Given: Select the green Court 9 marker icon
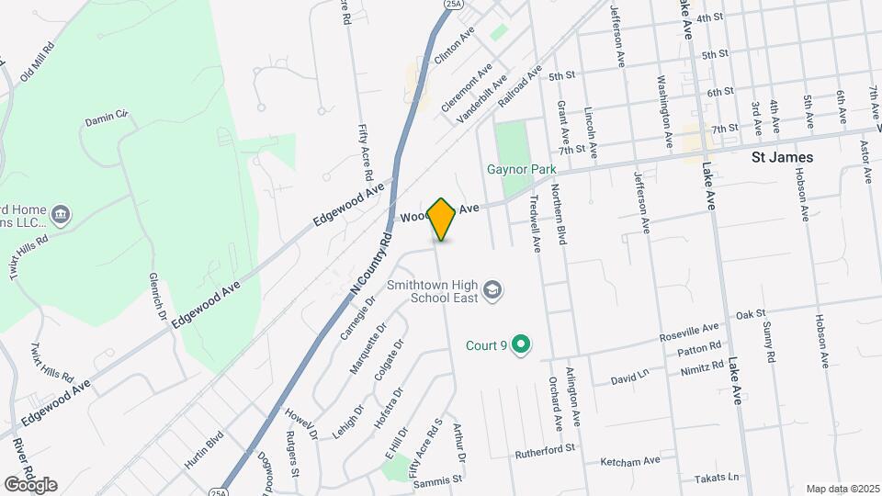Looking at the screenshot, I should pos(521,345).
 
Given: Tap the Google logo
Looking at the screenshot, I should pos(30,484).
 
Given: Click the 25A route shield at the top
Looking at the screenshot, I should pos(452,5).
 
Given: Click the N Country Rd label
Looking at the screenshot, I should pos(371,263).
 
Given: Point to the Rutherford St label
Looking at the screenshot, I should pos(544,448).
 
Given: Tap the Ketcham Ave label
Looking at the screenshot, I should pos(629,461).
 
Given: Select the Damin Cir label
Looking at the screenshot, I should pos(106,119).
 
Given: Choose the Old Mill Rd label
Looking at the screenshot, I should pos(37,61).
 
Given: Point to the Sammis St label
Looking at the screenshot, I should pos(438,479).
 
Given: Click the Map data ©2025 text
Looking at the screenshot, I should pos(842,488).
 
